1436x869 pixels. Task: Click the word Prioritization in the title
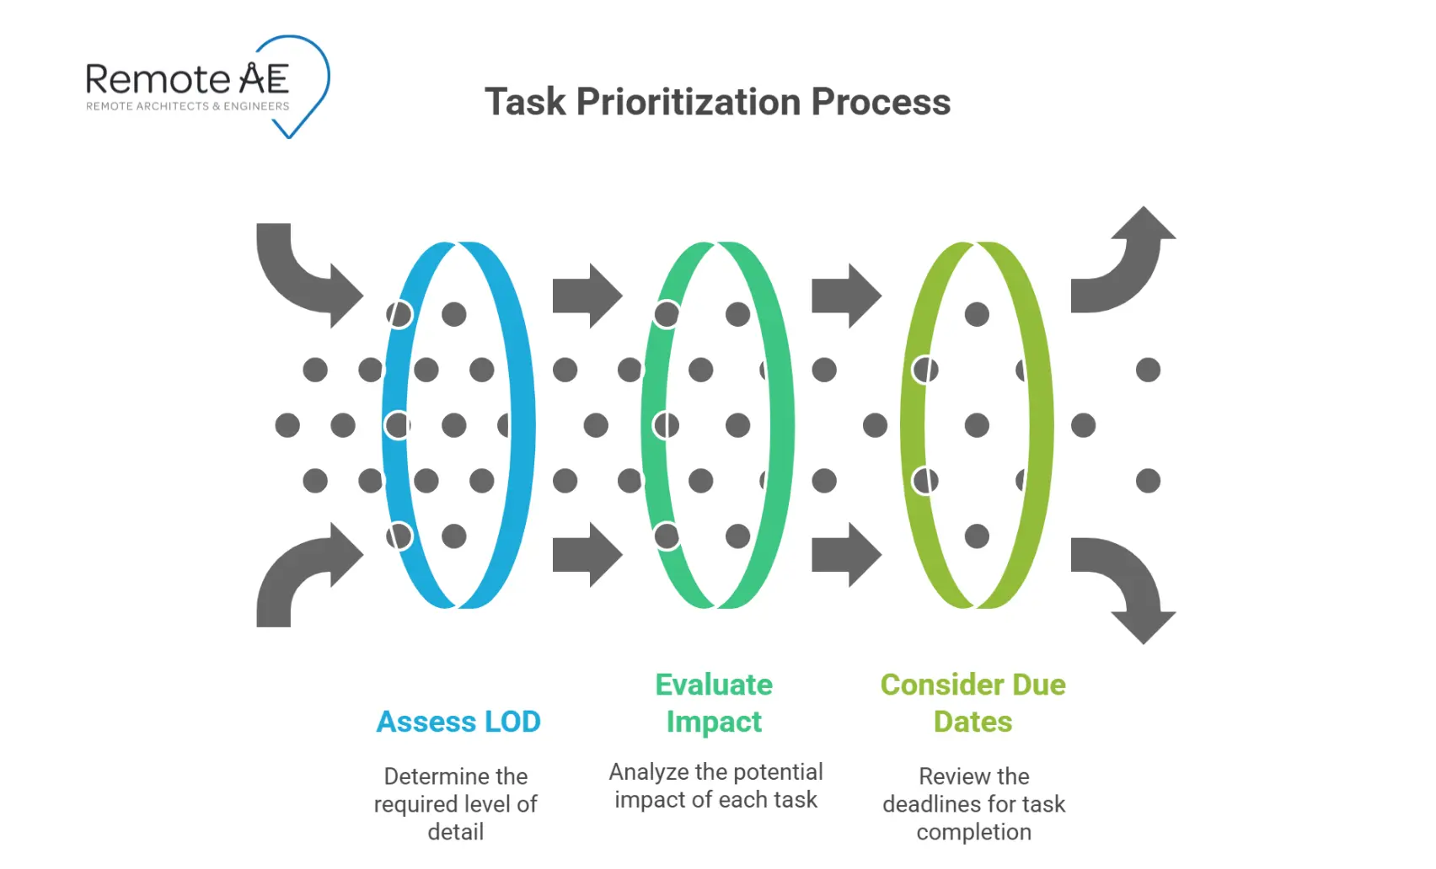pyautogui.click(x=688, y=102)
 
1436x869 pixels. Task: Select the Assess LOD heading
pyautogui.click(x=458, y=722)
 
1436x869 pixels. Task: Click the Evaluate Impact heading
pyautogui.click(x=714, y=703)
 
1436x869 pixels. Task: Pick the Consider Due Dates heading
pyautogui.click(x=973, y=703)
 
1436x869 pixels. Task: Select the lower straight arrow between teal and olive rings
pyautogui.click(x=846, y=554)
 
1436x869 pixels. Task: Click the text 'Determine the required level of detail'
pyautogui.click(x=456, y=803)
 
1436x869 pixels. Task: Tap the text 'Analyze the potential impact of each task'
pyautogui.click(x=715, y=786)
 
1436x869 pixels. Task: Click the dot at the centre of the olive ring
pyautogui.click(x=977, y=425)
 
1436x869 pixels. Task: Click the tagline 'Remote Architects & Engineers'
pyautogui.click(x=187, y=106)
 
